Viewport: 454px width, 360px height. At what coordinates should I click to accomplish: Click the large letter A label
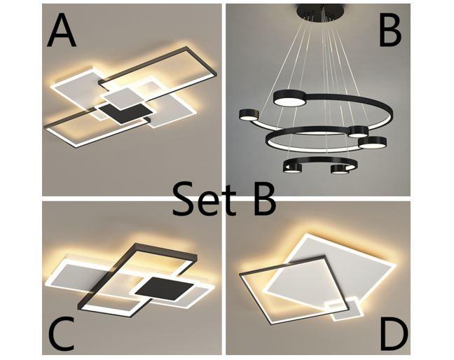coord(62,31)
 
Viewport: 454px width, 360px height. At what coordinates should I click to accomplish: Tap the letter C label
coord(61,333)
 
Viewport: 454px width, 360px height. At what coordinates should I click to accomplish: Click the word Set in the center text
coord(204,198)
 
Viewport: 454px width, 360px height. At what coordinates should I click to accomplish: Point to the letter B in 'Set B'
coord(264,199)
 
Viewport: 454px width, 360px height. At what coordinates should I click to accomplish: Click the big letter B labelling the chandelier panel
coord(390,30)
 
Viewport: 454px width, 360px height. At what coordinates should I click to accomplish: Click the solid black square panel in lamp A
coord(125,113)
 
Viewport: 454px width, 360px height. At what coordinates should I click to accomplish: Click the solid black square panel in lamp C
coord(165,289)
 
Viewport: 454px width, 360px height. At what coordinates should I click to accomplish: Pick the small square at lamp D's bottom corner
coord(344,309)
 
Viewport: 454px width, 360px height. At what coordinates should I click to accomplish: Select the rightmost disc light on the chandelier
coord(372,142)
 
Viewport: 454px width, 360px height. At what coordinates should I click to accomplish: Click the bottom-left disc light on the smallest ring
coord(292,168)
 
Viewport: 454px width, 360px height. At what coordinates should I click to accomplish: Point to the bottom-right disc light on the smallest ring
coord(340,169)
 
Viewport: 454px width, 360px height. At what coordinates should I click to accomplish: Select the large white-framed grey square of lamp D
coord(329,270)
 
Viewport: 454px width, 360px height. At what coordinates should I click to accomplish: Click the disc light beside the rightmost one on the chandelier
coord(358,132)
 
